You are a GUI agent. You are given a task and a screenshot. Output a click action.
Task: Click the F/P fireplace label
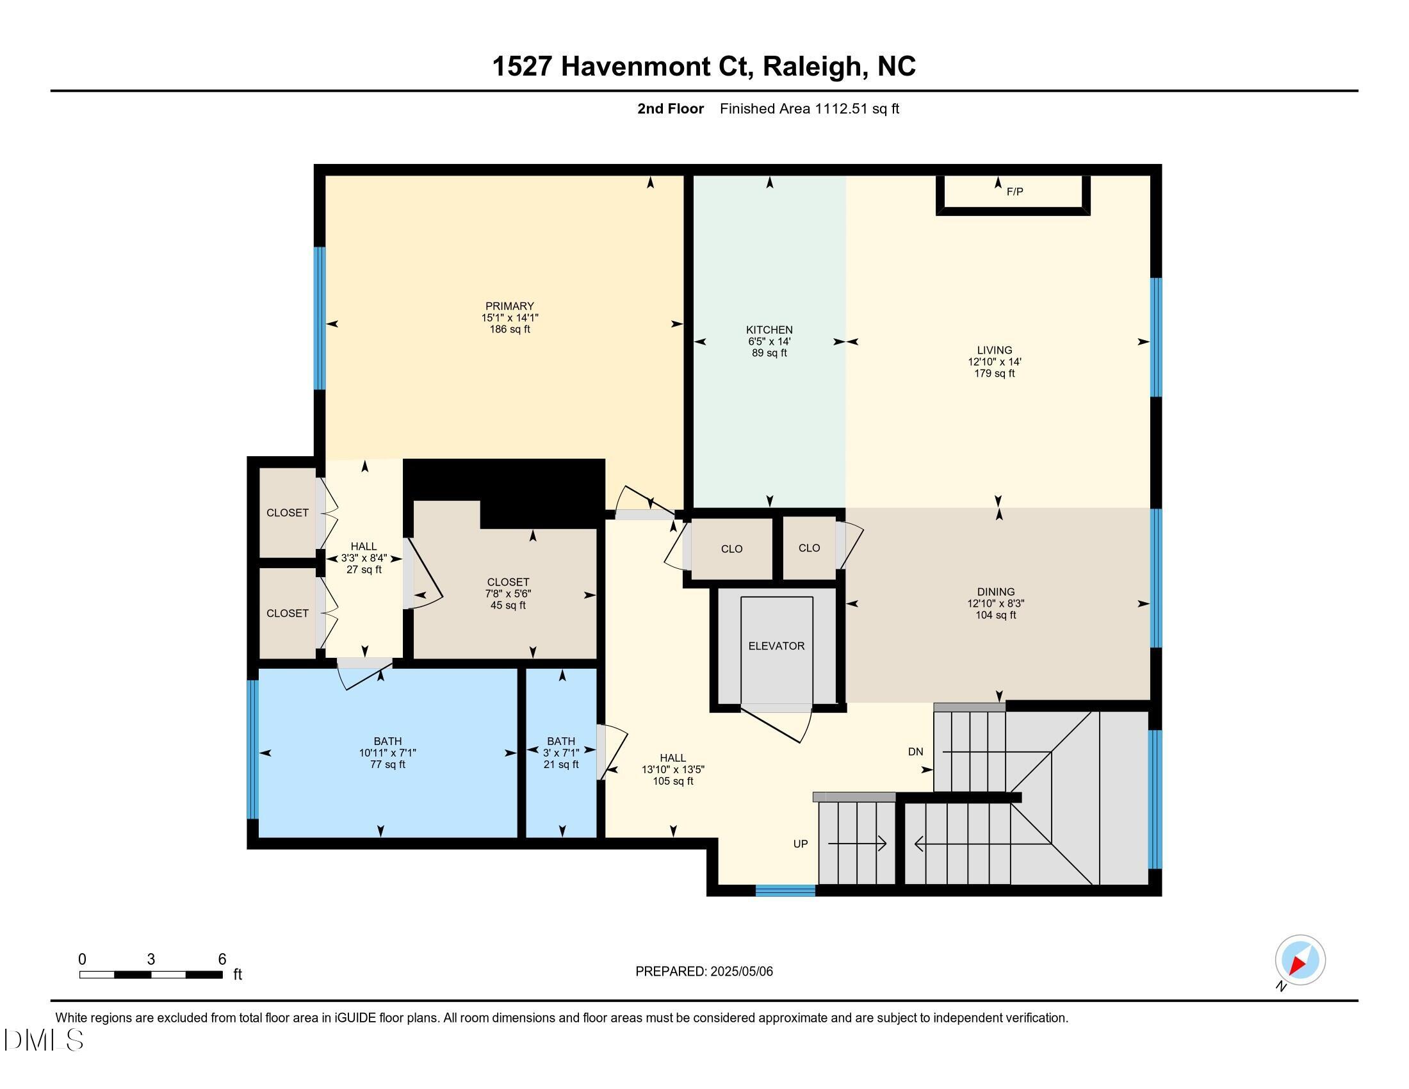pos(1014,192)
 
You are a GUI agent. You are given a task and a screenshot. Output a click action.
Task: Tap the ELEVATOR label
pos(776,646)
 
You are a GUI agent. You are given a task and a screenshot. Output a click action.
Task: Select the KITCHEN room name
pos(769,330)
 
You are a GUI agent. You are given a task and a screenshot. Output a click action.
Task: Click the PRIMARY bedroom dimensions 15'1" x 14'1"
pos(509,317)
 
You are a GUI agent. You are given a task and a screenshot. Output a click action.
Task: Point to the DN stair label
pos(915,751)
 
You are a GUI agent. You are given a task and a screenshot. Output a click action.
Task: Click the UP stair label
pos(800,844)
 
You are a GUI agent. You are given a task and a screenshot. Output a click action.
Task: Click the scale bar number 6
pos(222,960)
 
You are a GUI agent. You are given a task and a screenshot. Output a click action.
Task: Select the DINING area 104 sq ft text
pos(995,615)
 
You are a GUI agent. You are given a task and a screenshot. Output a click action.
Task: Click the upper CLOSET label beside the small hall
pos(287,513)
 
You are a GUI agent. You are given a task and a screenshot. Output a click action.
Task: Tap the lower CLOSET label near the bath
pos(287,614)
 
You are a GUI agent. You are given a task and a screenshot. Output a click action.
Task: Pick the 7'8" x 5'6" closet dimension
pos(508,594)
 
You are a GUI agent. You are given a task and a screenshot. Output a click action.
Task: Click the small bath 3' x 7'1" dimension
pos(560,753)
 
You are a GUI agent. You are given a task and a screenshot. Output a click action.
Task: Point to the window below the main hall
pos(785,891)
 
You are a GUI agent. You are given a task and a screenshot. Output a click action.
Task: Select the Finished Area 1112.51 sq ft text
pos(809,109)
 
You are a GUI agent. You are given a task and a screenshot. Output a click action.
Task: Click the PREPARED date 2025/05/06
pos(740,972)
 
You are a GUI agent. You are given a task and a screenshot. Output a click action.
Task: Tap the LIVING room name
pos(994,350)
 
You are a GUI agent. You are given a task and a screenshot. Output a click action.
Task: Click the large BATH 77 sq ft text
pos(387,764)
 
